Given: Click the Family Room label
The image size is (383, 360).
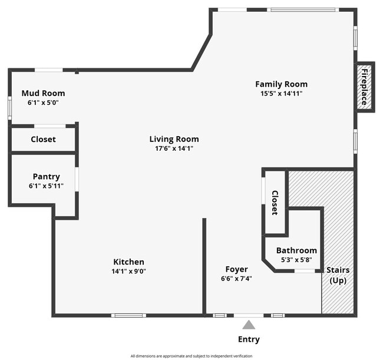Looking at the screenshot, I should [281, 84].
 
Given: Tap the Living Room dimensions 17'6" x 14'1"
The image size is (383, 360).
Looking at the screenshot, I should [174, 148].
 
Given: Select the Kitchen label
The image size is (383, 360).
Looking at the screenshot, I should [128, 262].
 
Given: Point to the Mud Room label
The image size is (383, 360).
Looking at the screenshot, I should [43, 93].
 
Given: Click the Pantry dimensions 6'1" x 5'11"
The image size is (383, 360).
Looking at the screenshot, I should [46, 186].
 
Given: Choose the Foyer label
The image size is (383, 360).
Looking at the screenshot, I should [236, 270].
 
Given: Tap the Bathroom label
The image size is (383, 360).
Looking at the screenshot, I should [296, 250].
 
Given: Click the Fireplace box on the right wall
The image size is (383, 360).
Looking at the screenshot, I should [364, 87].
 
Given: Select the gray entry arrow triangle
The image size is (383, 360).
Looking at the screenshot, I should [249, 325].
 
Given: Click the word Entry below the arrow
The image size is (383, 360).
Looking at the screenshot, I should [249, 339].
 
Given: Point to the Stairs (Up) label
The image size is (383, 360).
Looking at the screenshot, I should [338, 275].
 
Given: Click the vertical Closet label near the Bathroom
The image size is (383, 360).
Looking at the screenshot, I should [275, 202].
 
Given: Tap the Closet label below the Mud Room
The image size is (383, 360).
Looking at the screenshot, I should [43, 140].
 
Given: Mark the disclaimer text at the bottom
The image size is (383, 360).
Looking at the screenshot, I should [191, 356].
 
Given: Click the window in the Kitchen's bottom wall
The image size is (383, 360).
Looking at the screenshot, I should [128, 315].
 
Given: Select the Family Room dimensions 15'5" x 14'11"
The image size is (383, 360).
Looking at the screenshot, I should [281, 94].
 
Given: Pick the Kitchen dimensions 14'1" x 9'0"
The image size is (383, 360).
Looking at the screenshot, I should [128, 272].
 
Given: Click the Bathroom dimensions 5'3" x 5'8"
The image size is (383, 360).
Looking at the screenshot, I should [296, 260].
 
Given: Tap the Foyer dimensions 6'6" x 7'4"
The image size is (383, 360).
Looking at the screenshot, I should [236, 279].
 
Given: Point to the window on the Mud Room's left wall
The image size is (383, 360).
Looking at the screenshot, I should [10, 108].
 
